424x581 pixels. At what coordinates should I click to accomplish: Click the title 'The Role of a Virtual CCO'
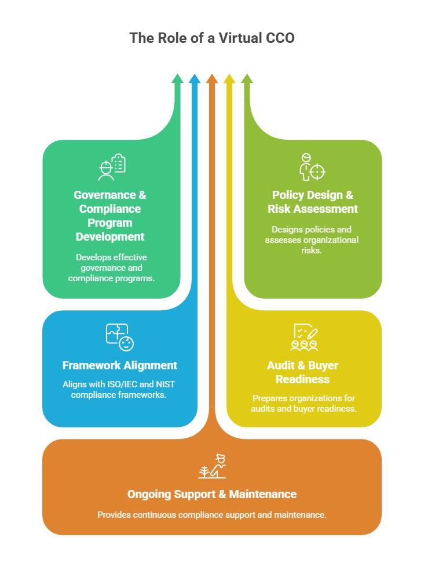tap(211, 38)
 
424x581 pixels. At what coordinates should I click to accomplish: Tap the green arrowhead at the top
tap(177, 79)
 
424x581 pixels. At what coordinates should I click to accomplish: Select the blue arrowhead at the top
tap(195, 79)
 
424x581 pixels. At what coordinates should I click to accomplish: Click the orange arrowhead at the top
tap(212, 79)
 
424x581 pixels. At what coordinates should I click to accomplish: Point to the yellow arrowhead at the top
tap(229, 79)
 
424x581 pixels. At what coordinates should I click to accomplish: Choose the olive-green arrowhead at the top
tap(247, 79)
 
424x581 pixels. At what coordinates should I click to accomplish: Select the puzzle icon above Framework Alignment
tap(120, 337)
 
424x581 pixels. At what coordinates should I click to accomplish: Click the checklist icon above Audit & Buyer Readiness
tap(304, 337)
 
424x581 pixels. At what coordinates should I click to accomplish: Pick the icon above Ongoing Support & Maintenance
tap(212, 466)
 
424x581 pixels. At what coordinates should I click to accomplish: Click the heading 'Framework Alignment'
tap(120, 365)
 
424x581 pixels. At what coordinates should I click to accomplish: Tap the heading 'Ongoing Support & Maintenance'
tap(212, 494)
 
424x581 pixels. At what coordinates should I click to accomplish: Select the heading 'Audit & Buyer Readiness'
tap(302, 372)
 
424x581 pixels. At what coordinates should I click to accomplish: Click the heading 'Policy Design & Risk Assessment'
tap(312, 202)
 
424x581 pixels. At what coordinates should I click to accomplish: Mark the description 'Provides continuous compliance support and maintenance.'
tap(212, 514)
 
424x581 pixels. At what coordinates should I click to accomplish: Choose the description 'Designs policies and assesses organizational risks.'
tap(312, 239)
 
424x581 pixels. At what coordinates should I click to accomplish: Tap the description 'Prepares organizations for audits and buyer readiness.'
tap(304, 403)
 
